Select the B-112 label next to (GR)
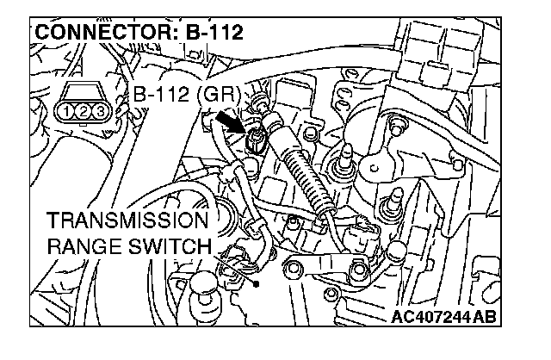(x=164, y=94)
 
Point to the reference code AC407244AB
(x=443, y=318)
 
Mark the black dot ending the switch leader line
(x=257, y=281)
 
